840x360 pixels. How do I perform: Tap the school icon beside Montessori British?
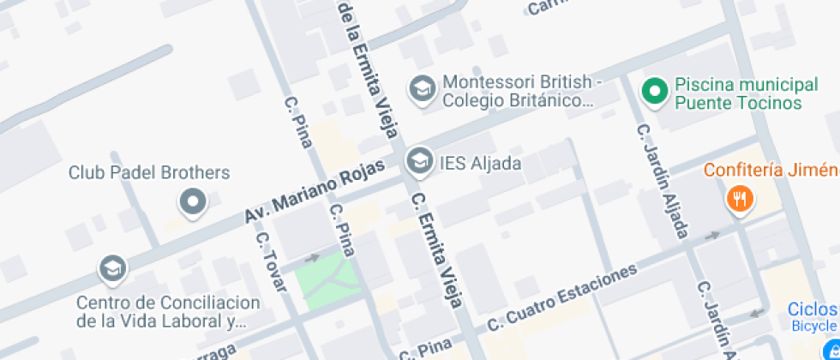[421, 87]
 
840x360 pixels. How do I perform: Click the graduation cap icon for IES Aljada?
[419, 160]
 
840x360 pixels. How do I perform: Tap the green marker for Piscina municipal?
[656, 90]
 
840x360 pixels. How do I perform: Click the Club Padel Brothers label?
[149, 172]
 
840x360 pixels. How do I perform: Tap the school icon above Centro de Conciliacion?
[112, 269]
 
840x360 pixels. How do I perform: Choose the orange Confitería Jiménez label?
[771, 169]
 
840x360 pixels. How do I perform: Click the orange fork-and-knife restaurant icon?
[739, 200]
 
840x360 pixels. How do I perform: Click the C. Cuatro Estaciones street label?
[563, 297]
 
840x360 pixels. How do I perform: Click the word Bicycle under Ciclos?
[813, 326]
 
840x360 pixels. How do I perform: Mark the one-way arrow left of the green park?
[311, 256]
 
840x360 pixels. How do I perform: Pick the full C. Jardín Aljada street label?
[662, 181]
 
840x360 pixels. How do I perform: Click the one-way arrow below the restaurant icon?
[712, 235]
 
